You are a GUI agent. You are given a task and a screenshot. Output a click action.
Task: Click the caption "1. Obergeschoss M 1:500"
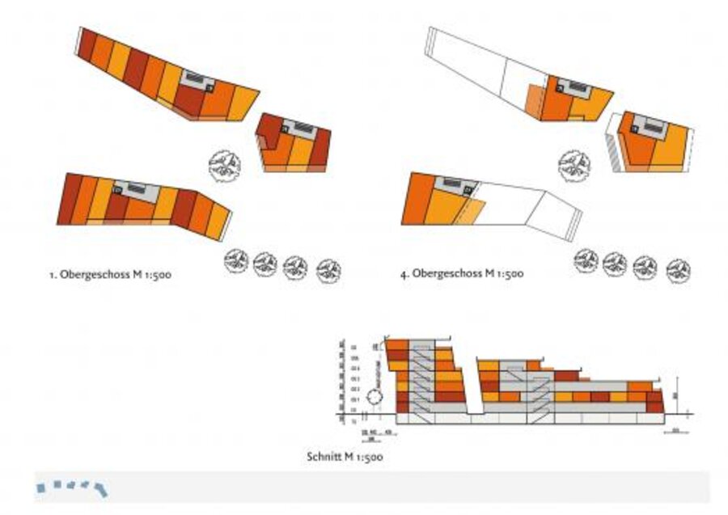point(109,275)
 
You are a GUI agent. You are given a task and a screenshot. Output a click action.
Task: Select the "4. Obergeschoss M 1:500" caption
point(461,274)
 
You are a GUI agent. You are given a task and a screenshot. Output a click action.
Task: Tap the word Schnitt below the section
point(323,458)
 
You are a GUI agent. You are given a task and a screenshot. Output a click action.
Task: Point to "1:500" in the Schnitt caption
point(369,458)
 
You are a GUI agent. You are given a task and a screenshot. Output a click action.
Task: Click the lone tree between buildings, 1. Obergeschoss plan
point(223,166)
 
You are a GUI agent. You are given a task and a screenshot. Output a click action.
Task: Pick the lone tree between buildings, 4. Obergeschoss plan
point(574,164)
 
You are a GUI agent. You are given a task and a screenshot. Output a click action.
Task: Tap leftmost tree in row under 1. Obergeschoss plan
point(237,261)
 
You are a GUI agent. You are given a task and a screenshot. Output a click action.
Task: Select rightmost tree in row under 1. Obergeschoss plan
point(328,269)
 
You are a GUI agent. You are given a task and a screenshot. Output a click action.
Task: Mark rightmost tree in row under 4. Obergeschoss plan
point(678,269)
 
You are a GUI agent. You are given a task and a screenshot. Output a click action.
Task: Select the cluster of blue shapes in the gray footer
point(72,486)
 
